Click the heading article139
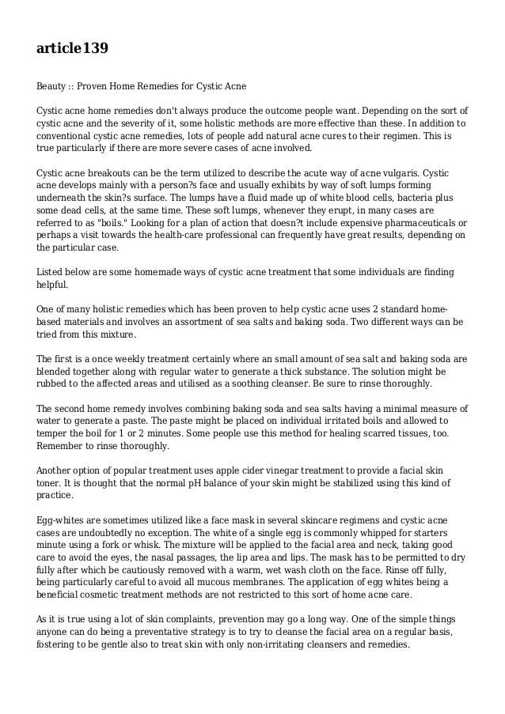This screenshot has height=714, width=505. (x=72, y=49)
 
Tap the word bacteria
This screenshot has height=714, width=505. (x=344, y=213)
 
